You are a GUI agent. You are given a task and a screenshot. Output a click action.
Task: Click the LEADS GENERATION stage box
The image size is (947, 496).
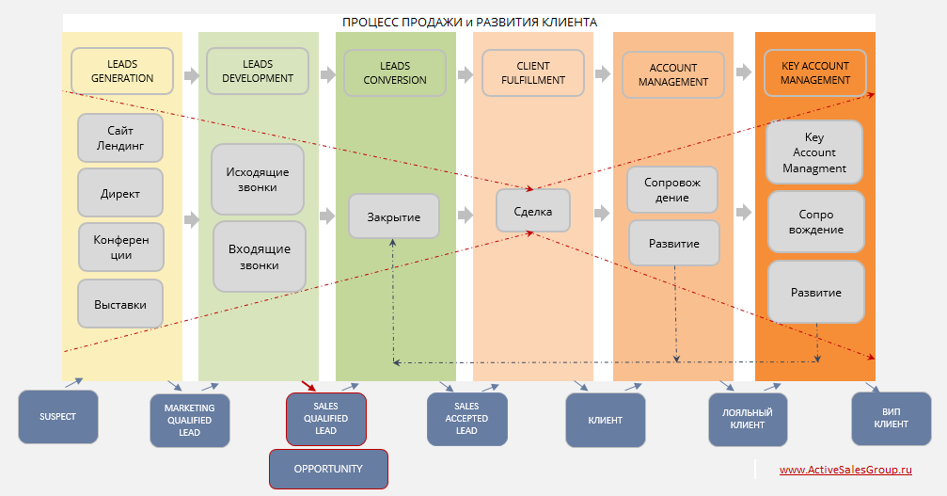point(122,72)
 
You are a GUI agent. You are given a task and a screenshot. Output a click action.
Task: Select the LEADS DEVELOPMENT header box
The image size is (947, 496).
point(258,72)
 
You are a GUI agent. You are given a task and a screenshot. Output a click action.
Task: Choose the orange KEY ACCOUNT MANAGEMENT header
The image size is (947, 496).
point(814,73)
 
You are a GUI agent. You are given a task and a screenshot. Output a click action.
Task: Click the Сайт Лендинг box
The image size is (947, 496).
point(120,138)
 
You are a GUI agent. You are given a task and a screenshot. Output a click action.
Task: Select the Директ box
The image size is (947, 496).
point(120,193)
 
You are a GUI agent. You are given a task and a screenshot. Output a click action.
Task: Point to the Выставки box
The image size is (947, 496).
point(120,304)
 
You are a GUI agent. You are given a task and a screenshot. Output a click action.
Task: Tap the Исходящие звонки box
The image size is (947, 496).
point(258,180)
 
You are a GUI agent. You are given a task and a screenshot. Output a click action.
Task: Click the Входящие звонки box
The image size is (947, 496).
point(260,257)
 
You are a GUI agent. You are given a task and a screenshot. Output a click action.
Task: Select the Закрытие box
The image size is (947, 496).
point(393,216)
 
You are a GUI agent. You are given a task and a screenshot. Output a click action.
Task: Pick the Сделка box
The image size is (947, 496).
point(533,211)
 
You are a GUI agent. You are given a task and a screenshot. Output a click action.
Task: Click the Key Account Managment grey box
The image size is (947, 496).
point(814,152)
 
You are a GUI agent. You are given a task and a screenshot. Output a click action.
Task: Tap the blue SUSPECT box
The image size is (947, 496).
point(57,416)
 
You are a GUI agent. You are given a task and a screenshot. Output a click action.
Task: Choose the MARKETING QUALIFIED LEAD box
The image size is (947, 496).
point(190,420)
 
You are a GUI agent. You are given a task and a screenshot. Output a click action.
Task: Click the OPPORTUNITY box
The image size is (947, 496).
point(328,469)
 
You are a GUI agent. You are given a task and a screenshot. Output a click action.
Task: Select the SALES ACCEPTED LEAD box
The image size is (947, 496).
point(466,419)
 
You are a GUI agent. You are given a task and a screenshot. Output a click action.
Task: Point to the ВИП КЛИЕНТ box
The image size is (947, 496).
point(891,418)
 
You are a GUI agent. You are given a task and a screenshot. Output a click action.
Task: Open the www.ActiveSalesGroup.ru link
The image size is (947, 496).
point(845,470)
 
